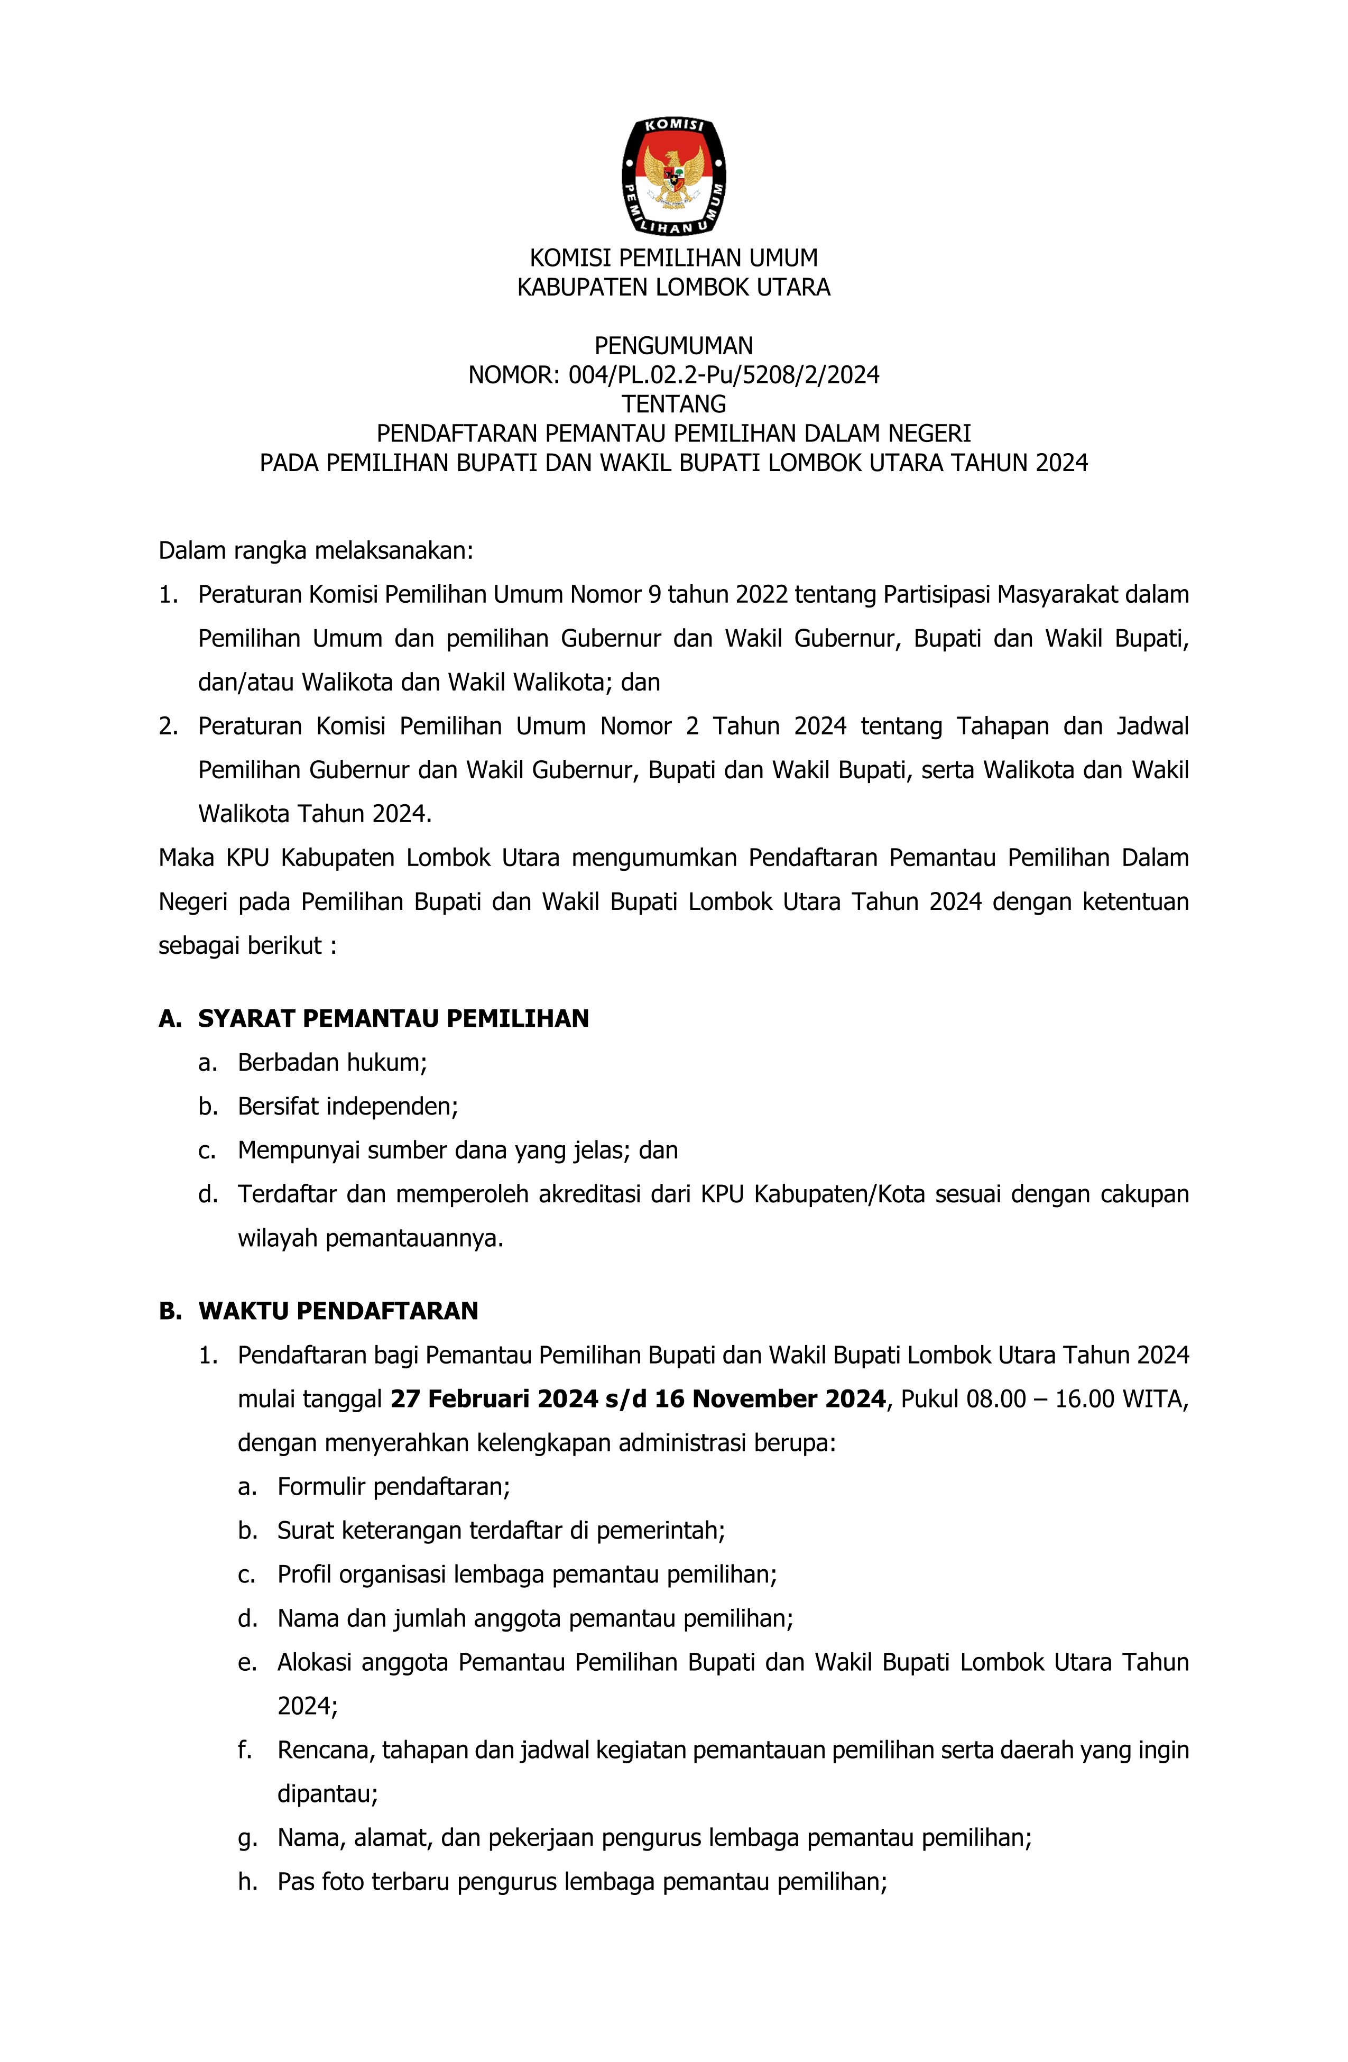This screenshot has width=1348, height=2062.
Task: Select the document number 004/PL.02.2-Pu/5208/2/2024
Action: (723, 375)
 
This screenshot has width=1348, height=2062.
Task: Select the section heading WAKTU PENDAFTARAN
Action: (338, 1311)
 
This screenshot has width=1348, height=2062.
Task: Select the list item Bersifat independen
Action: (347, 1107)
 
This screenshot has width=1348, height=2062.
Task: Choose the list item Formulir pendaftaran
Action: (393, 1487)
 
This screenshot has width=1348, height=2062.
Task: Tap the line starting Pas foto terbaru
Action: (581, 1882)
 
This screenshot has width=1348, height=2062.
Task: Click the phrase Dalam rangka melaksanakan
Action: (316, 550)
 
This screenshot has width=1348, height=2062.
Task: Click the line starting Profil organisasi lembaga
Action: (527, 1574)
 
